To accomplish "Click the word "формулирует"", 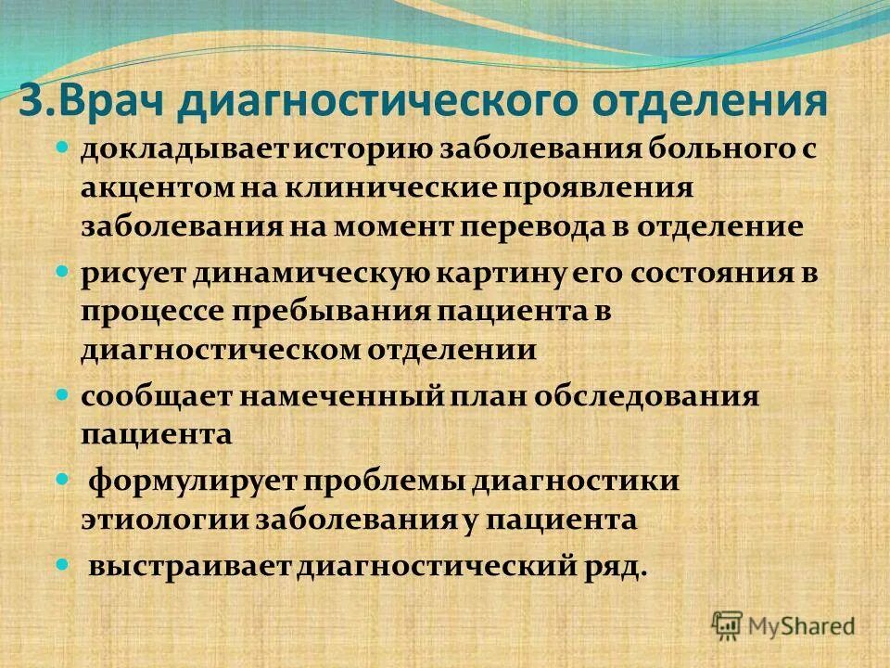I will pyautogui.click(x=191, y=482).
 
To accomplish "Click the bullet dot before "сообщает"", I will pyautogui.click(x=63, y=395).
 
